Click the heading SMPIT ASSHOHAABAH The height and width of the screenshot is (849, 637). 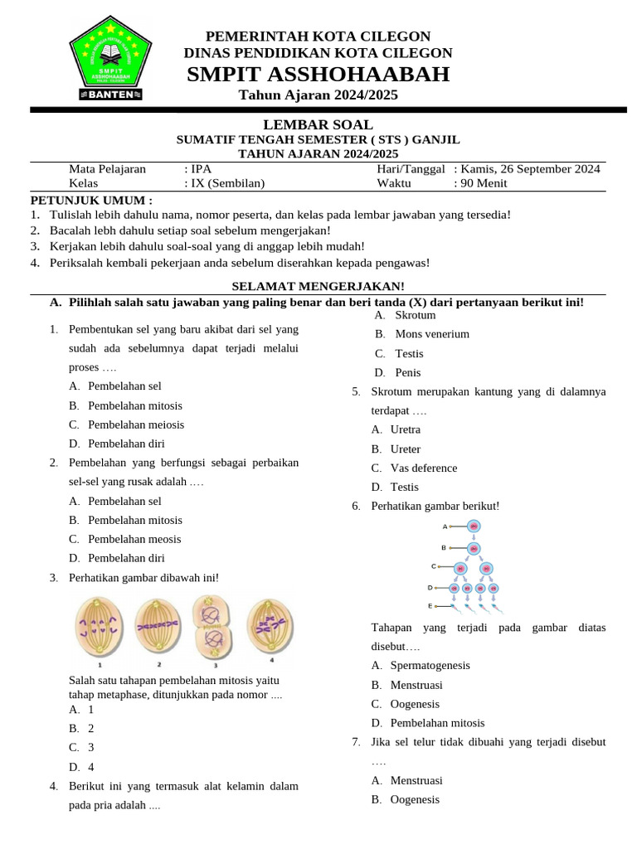(318, 75)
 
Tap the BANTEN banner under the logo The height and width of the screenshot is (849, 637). (110, 95)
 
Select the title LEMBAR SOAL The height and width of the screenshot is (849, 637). (318, 124)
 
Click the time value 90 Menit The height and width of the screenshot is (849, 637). (485, 183)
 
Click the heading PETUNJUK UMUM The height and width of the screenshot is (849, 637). (91, 200)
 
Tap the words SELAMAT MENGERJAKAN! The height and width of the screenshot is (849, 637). (318, 285)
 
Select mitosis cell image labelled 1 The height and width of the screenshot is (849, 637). (100, 627)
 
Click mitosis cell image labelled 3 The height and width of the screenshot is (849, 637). (215, 627)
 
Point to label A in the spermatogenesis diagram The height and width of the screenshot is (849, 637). (445, 526)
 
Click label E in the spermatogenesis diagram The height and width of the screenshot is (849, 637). (430, 606)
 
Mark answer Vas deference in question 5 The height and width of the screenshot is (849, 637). (423, 468)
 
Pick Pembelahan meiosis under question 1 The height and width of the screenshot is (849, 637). (136, 424)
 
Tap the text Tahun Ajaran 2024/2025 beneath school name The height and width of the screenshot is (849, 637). (318, 95)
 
